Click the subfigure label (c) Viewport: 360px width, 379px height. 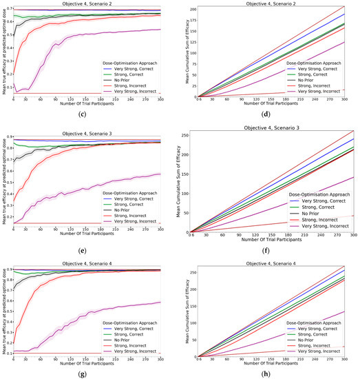pyautogui.click(x=89, y=113)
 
